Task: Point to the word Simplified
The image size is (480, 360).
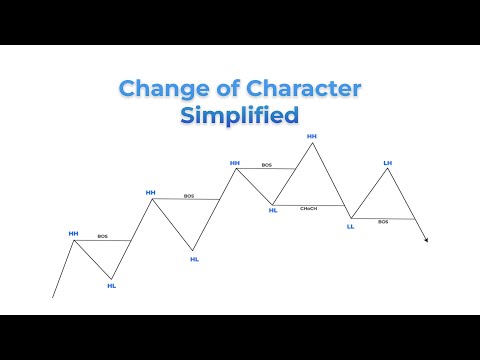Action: coord(239,115)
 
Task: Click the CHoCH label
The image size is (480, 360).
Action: coord(309,208)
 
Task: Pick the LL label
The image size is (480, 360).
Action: coord(350,226)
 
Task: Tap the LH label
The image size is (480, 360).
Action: coord(388,161)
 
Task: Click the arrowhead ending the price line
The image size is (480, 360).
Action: coord(426,239)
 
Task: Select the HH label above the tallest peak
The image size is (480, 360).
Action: coord(312,135)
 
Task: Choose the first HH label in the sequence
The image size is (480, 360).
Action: coord(73,233)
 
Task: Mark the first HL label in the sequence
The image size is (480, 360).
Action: coord(111,286)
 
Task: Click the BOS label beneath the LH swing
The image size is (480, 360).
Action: coord(383,222)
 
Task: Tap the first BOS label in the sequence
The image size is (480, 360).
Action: coord(103,236)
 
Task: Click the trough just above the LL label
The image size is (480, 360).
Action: coord(350,217)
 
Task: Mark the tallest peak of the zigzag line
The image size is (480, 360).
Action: coord(312,143)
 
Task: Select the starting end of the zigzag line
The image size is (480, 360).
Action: coord(52,297)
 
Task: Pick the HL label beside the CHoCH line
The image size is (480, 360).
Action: coord(273,210)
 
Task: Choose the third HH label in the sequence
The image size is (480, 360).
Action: coord(235,162)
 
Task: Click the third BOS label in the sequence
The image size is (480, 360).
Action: coord(267,165)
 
